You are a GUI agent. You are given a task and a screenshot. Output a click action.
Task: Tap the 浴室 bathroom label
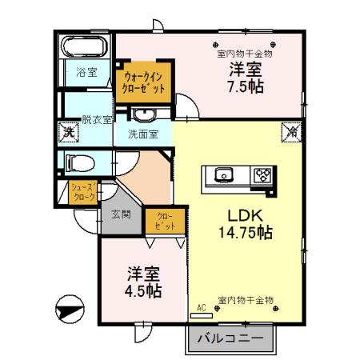pos(86,73)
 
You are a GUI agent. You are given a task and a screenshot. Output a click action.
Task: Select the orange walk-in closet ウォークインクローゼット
pos(144,82)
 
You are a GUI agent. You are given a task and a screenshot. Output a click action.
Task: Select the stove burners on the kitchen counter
pos(262,174)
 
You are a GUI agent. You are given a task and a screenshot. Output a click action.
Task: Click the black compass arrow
pos(70,308)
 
